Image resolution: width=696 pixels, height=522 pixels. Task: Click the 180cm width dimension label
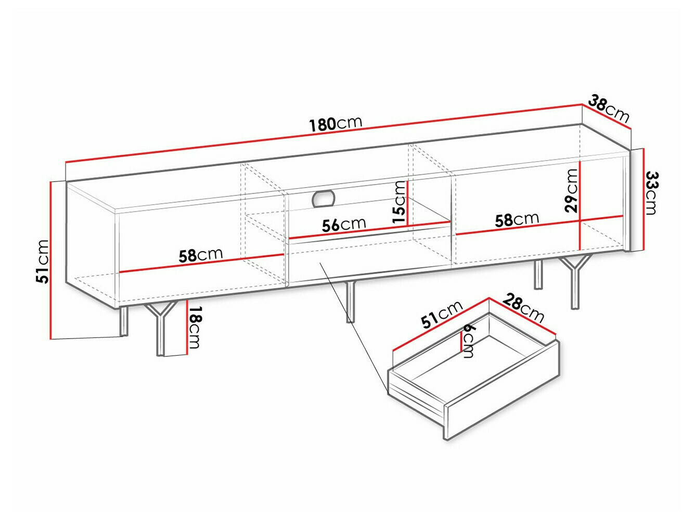(336, 124)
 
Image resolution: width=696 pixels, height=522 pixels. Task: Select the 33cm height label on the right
(652, 193)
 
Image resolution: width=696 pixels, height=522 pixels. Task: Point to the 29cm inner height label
(571, 190)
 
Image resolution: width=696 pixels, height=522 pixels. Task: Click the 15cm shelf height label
(399, 202)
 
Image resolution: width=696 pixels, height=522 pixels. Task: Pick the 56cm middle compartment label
(344, 225)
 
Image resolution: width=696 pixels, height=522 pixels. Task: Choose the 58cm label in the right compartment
(517, 219)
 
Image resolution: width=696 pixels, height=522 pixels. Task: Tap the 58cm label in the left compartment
(201, 255)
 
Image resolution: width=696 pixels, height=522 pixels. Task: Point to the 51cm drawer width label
(442, 314)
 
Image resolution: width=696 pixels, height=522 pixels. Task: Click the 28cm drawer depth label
(523, 308)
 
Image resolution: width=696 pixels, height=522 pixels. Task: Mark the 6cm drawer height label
(468, 341)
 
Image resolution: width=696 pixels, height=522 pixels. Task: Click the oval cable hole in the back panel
(324, 199)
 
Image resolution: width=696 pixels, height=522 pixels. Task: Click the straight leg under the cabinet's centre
(350, 302)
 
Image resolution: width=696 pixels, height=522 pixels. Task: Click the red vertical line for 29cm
(579, 205)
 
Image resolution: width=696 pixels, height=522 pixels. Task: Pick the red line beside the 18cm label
(187, 327)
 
